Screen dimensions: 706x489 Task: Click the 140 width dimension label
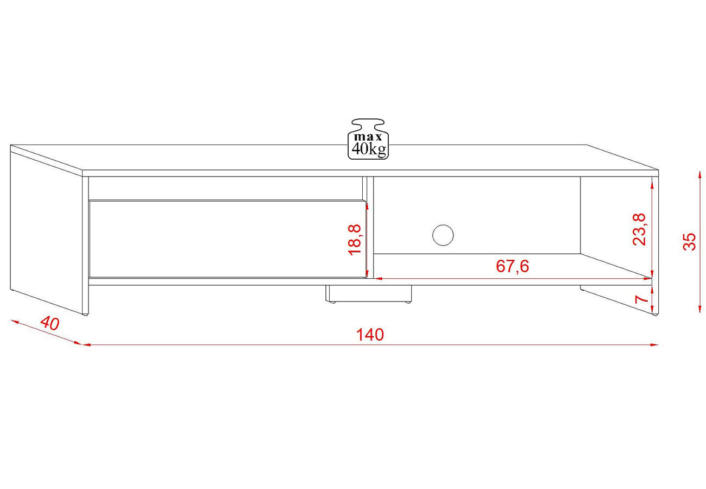[x=370, y=335]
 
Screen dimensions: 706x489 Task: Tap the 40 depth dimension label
[x=50, y=323]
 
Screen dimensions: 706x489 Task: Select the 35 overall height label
[x=689, y=241]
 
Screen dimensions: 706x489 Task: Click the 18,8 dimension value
[x=354, y=240]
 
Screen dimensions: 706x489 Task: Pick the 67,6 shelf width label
[x=513, y=266]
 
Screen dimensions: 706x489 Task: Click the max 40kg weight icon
[x=368, y=139]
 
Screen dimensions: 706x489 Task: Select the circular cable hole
[x=443, y=235]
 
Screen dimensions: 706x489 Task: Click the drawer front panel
[x=228, y=239]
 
